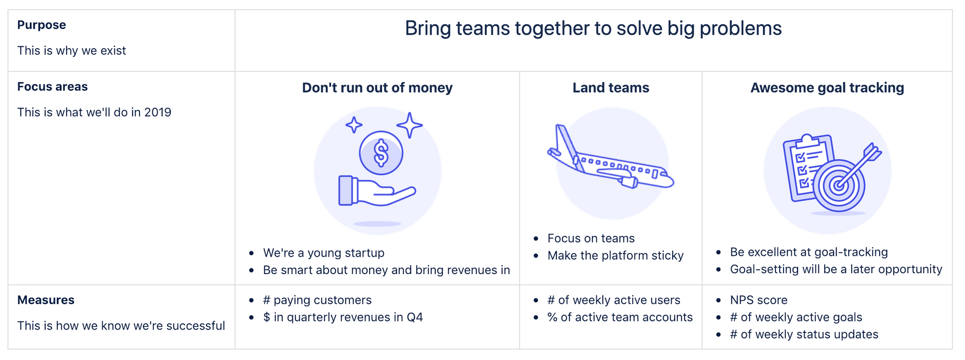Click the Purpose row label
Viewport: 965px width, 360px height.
pos(41,25)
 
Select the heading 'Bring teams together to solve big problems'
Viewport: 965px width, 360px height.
pos(593,28)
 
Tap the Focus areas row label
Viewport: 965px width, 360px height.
pos(53,87)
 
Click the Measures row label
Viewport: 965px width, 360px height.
pos(46,300)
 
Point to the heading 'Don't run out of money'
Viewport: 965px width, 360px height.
pos(377,88)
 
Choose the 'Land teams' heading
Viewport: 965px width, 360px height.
pos(611,88)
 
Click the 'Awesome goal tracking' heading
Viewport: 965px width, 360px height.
pos(827,88)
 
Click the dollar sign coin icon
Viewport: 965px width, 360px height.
pos(381,153)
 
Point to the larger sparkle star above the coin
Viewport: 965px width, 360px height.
pos(410,125)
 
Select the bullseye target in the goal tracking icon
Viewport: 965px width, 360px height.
pos(839,186)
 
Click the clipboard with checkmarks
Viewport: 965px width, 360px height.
pos(807,166)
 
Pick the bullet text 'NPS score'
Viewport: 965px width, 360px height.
pos(758,300)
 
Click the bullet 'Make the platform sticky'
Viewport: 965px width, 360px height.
pos(615,256)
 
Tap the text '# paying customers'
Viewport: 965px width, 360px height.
pos(317,300)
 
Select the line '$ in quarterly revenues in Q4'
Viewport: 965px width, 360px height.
pos(343,318)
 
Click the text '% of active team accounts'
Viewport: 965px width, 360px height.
pos(620,318)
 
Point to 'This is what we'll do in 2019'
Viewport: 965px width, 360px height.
pos(94,112)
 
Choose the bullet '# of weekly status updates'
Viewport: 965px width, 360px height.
pos(804,335)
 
